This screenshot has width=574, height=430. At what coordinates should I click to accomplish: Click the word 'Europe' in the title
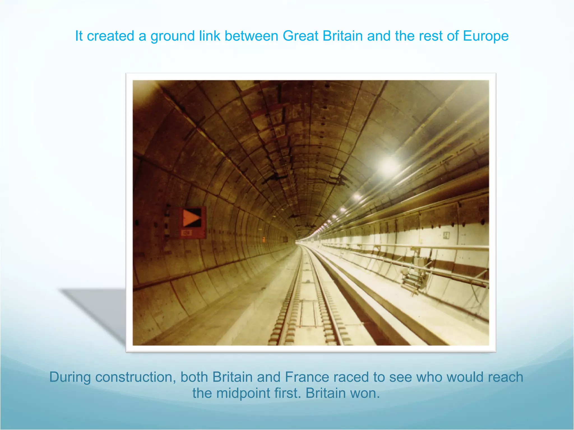(x=485, y=36)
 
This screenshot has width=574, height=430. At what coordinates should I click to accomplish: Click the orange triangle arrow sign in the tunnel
(x=192, y=218)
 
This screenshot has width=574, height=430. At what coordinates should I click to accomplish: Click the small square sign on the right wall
(x=446, y=235)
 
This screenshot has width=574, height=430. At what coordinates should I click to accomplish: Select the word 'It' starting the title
(x=79, y=36)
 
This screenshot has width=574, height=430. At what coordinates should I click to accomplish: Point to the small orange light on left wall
(x=264, y=239)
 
